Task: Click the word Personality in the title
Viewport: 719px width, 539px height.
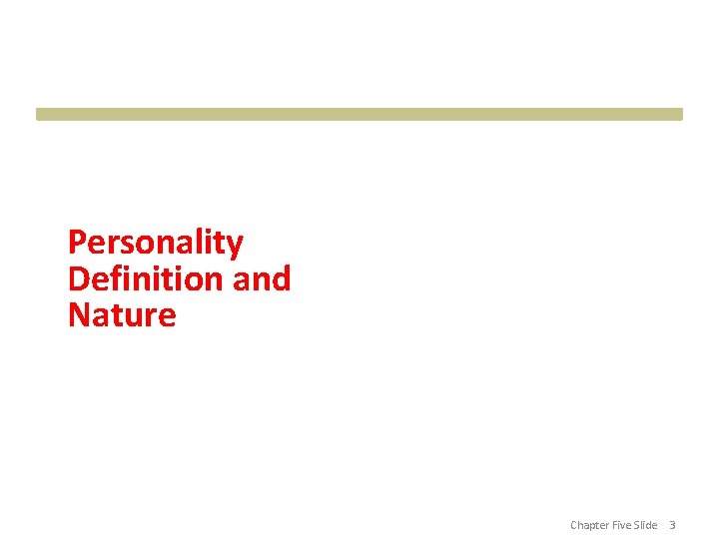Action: [x=155, y=243]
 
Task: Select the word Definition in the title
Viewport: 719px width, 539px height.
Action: [x=146, y=278]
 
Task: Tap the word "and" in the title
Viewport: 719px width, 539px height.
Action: [x=262, y=278]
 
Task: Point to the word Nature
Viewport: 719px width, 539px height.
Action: [x=122, y=315]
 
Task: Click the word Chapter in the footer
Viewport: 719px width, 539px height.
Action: [x=589, y=525]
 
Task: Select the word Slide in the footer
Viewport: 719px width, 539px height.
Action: [x=645, y=525]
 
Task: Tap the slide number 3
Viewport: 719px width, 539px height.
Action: [x=672, y=525]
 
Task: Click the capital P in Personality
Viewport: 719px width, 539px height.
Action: [x=77, y=243]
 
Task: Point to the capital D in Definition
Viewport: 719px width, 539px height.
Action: [x=79, y=278]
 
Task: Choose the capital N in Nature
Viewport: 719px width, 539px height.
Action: [x=79, y=315]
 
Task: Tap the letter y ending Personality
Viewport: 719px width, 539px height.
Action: [x=236, y=246]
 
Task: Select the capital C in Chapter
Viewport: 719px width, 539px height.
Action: [x=574, y=525]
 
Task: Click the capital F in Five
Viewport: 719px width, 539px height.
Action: [x=613, y=525]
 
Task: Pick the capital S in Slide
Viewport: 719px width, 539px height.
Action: [x=636, y=525]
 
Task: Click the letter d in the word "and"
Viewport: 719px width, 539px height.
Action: [x=282, y=278]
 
